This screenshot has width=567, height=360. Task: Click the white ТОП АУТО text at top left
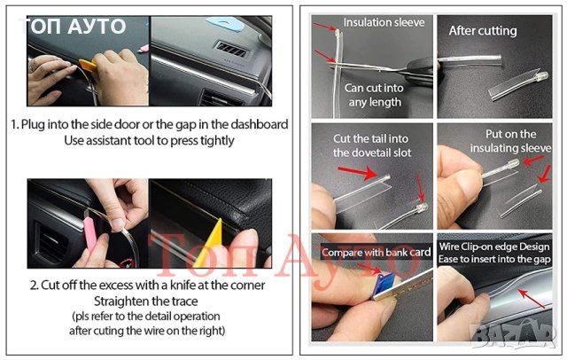74,27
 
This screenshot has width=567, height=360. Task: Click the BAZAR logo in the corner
514,335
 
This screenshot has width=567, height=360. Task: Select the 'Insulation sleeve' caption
384,22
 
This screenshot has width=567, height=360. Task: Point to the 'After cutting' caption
483,31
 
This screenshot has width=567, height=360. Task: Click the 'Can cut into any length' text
374,95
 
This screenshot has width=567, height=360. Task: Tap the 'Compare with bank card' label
376,252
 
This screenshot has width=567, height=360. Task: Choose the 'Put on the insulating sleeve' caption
510,141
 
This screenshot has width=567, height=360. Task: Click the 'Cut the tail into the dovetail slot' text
372,145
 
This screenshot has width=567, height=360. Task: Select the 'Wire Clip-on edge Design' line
494,247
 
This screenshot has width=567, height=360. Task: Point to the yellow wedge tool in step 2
210,243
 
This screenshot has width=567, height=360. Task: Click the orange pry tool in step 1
88,65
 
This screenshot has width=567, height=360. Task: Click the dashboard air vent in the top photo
230,50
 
